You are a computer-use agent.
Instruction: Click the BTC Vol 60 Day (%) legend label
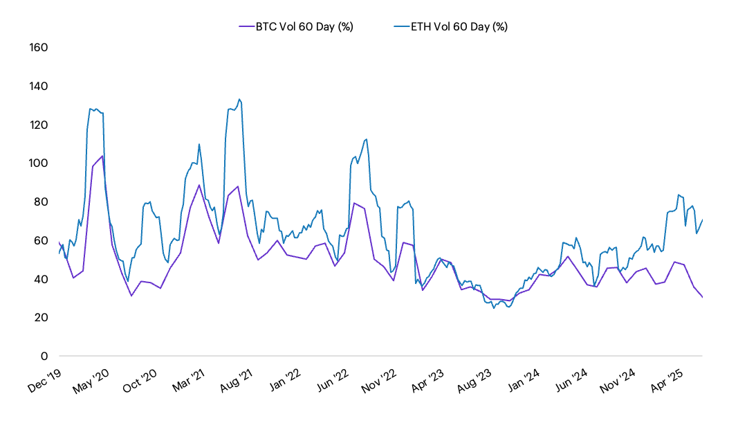click(x=304, y=26)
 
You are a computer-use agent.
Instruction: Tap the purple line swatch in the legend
click(x=246, y=26)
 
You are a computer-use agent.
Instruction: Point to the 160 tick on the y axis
click(x=38, y=48)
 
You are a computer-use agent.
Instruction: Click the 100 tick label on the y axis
click(x=38, y=163)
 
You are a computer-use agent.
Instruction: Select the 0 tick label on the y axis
click(x=44, y=356)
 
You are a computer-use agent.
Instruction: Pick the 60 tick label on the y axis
click(x=41, y=240)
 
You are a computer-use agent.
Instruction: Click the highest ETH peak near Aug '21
click(x=239, y=99)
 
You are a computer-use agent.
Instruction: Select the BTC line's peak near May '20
click(x=102, y=156)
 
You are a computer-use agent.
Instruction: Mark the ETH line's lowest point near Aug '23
click(x=494, y=308)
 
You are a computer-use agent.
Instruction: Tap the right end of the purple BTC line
click(x=703, y=298)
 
